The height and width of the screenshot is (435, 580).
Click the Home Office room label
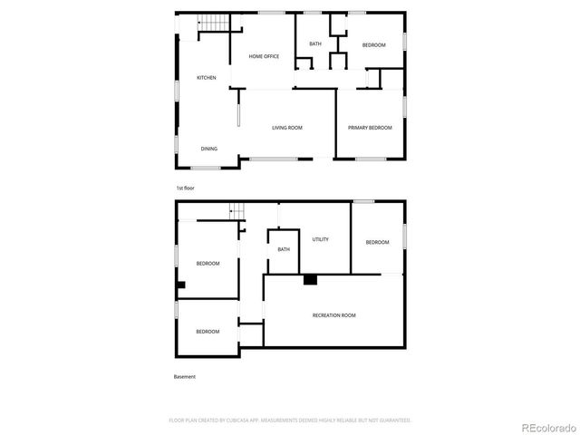(x=265, y=57)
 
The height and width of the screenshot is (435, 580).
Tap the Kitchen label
(x=207, y=78)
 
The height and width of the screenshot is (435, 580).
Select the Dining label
(x=209, y=149)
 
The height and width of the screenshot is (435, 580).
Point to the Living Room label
(x=287, y=128)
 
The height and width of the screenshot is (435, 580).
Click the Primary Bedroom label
(x=370, y=128)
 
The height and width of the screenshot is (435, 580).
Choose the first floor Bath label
(x=315, y=44)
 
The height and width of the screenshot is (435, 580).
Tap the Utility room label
(x=320, y=239)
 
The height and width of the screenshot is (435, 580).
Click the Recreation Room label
(x=333, y=314)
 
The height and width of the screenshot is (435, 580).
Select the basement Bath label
(x=284, y=249)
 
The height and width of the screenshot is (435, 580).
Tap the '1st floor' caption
(x=185, y=188)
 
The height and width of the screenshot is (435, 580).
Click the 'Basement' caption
(x=184, y=376)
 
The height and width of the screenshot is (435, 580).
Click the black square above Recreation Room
(x=310, y=280)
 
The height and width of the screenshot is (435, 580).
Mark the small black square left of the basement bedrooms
(x=181, y=285)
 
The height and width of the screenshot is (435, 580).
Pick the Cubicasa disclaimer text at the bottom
(x=290, y=420)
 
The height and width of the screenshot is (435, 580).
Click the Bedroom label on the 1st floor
(x=374, y=45)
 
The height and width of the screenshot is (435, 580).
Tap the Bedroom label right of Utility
(x=377, y=242)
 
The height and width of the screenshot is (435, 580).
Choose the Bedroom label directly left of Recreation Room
(x=208, y=332)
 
